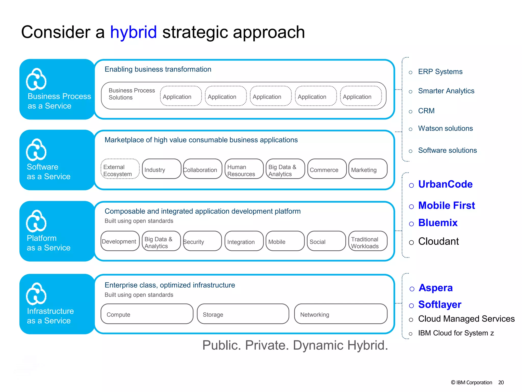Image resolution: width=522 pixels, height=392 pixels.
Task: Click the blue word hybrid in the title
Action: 133,32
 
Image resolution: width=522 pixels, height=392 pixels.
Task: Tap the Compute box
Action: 147,314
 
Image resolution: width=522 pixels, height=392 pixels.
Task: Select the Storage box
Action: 243,314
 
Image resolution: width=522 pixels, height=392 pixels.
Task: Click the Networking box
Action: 341,314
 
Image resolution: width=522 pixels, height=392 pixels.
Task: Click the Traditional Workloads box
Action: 368,241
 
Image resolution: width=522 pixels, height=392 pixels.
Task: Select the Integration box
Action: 244,241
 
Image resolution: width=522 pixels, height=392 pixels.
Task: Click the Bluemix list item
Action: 438,223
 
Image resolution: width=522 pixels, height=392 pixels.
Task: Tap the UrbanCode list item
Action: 445,184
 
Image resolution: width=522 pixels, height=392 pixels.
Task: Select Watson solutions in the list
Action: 445,128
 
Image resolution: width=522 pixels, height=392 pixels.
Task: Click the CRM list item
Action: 426,111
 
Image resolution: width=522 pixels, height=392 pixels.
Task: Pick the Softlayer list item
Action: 440,304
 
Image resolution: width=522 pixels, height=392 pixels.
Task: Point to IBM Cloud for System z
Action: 456,333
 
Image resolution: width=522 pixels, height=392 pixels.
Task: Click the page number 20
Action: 501,382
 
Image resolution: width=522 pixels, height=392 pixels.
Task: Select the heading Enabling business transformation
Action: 158,69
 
